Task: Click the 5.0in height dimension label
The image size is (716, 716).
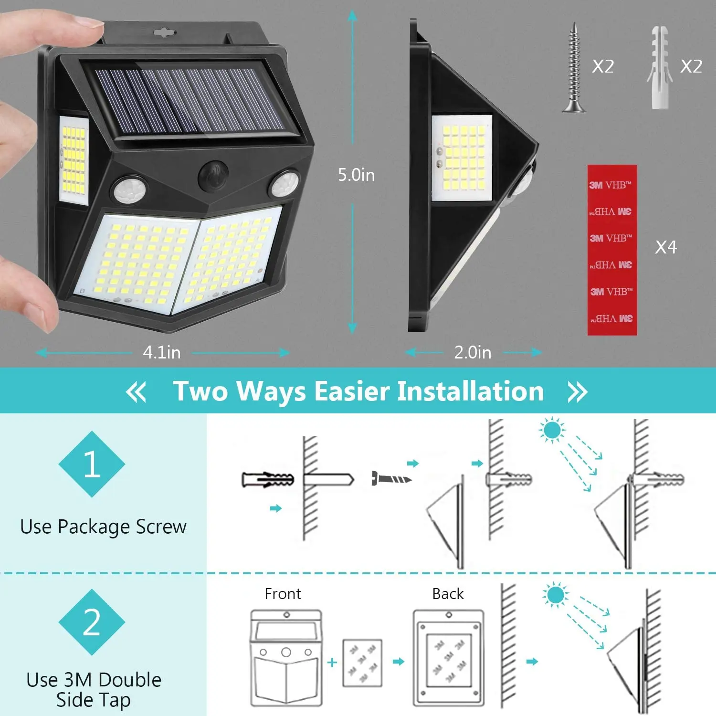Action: coord(356,175)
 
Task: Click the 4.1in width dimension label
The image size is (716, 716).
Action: coord(162,353)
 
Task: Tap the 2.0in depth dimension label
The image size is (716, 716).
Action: coord(473,353)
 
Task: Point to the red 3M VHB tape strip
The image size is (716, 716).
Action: coord(611,250)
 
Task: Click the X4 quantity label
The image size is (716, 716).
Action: coord(666,247)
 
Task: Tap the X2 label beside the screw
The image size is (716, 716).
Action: coord(603,66)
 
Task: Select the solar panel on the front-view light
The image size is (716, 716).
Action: coord(189,100)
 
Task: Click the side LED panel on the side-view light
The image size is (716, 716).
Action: coord(462,158)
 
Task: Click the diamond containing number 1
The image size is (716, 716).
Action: coord(92,464)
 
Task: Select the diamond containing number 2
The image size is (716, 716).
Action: coord(92,622)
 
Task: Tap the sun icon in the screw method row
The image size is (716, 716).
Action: coord(552,430)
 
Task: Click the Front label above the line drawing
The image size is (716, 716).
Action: coord(283,594)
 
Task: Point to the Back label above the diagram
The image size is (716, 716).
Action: coord(448,594)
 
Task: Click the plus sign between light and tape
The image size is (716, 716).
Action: coord(332,662)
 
